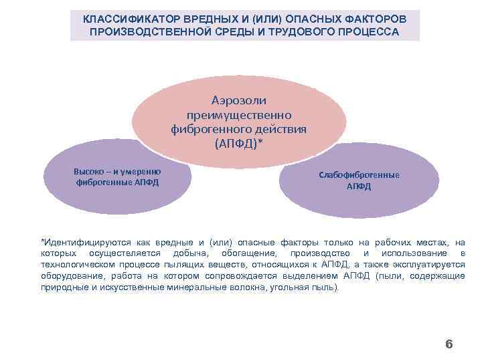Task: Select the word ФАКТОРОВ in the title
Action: (371, 19)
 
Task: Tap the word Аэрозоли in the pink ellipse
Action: (239, 100)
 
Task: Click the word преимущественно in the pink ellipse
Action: (239, 114)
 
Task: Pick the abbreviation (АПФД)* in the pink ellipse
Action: (239, 143)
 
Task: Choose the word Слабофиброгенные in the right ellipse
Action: (359, 175)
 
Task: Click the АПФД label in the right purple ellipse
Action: (359, 187)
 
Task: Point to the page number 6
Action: (449, 344)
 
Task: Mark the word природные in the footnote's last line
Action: (63, 287)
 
